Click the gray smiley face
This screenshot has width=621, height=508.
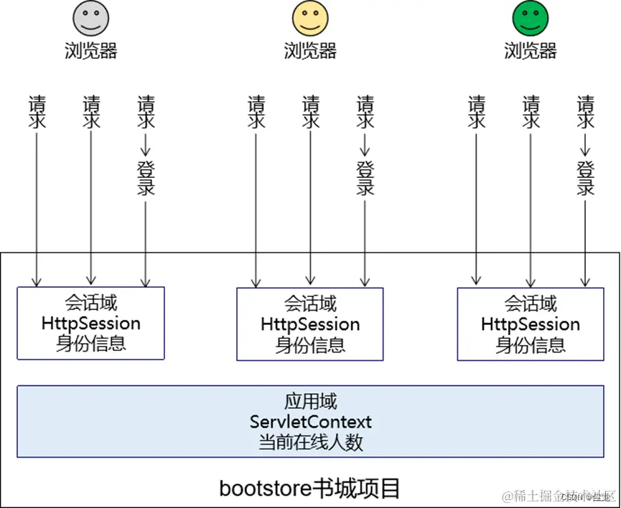click(90, 18)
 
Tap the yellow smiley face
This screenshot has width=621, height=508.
click(310, 18)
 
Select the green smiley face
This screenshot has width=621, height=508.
click(530, 18)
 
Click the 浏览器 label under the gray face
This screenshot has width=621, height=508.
click(90, 50)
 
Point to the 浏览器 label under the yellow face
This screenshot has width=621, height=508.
click(310, 50)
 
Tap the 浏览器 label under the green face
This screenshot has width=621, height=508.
click(530, 50)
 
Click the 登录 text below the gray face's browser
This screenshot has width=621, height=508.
click(146, 178)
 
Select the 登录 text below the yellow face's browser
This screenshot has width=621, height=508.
click(365, 178)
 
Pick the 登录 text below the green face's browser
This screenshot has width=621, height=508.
click(586, 178)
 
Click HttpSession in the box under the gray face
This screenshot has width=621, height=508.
click(91, 323)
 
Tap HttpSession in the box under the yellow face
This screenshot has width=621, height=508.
click(310, 324)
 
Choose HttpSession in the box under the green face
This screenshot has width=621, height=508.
click(531, 324)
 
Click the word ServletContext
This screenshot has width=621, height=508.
click(310, 421)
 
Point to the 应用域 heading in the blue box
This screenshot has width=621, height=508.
click(310, 401)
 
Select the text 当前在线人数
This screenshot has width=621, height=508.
click(310, 442)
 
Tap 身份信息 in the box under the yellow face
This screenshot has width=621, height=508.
click(310, 344)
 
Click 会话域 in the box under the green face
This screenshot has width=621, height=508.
click(531, 304)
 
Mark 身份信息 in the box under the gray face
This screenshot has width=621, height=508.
click(91, 343)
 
